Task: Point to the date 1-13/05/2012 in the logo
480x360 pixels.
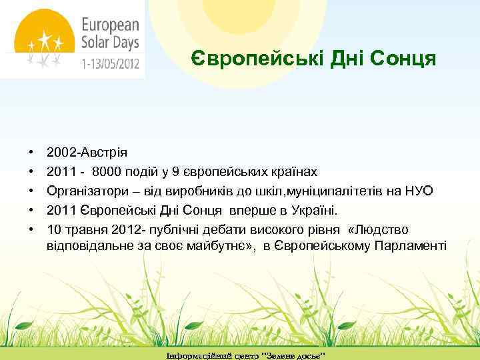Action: pyautogui.click(x=110, y=65)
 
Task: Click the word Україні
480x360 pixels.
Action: pyautogui.click(x=314, y=211)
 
